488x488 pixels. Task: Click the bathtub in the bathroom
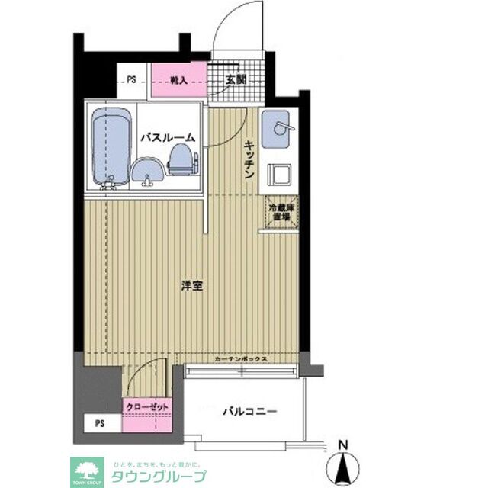coord(111,148)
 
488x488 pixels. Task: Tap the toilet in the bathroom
coord(180,159)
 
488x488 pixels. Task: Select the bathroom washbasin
coord(147,169)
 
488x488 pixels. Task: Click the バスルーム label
coord(167,138)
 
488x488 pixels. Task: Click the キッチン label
coord(249,160)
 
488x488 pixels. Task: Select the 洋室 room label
coord(191,286)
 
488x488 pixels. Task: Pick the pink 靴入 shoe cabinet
coord(179,79)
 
